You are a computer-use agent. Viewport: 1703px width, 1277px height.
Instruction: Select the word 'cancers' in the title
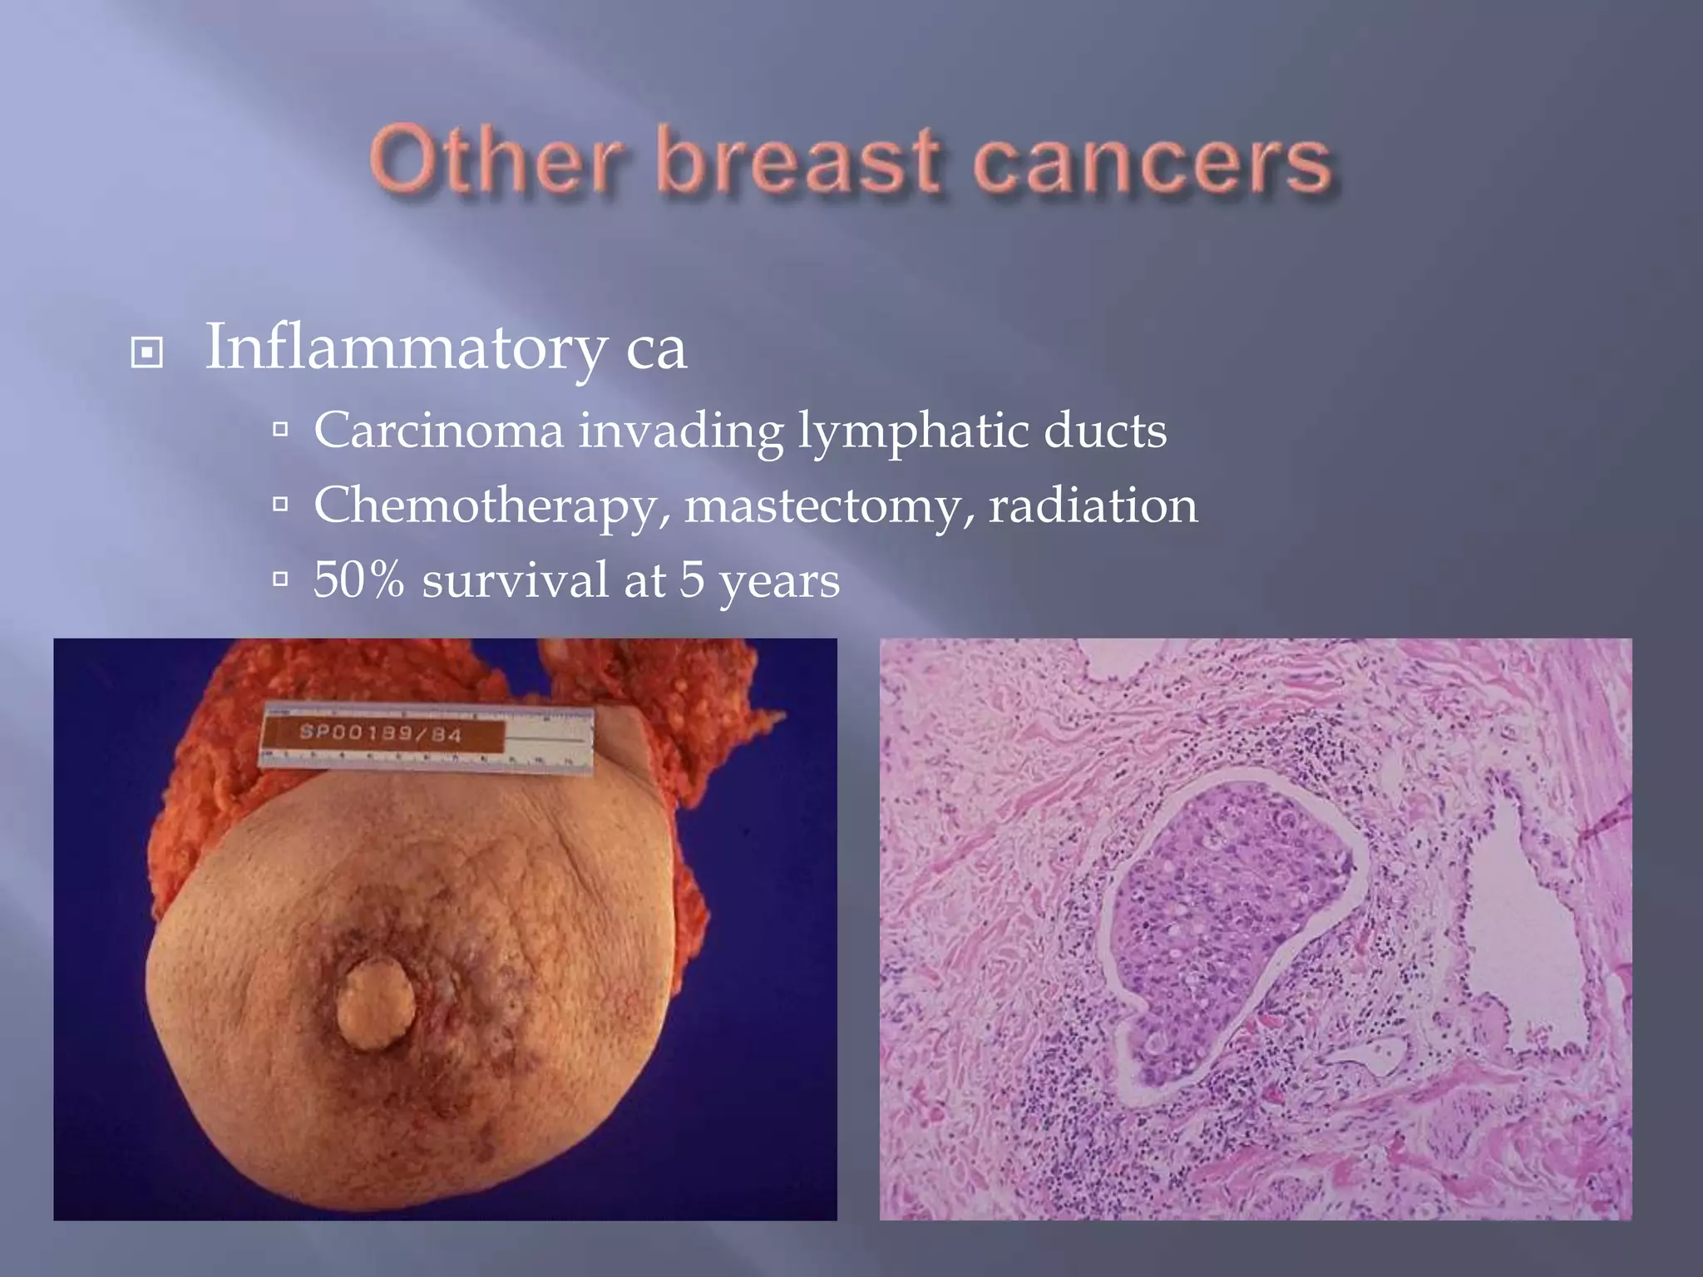(x=1151, y=161)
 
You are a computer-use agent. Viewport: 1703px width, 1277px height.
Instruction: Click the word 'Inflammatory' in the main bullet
(x=405, y=348)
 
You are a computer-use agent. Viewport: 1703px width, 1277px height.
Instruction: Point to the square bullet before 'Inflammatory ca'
(x=147, y=353)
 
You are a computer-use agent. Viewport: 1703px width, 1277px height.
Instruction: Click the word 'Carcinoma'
(x=438, y=431)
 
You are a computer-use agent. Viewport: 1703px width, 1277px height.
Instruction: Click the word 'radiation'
(x=1093, y=505)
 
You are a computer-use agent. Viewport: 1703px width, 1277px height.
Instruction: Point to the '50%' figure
(x=358, y=579)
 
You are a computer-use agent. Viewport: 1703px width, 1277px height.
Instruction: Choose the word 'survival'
(x=515, y=579)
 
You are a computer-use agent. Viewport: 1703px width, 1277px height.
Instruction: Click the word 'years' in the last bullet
(x=779, y=582)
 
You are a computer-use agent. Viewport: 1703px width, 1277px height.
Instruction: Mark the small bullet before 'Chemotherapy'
(x=280, y=504)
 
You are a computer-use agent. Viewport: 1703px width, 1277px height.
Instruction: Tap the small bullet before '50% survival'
(x=280, y=579)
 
